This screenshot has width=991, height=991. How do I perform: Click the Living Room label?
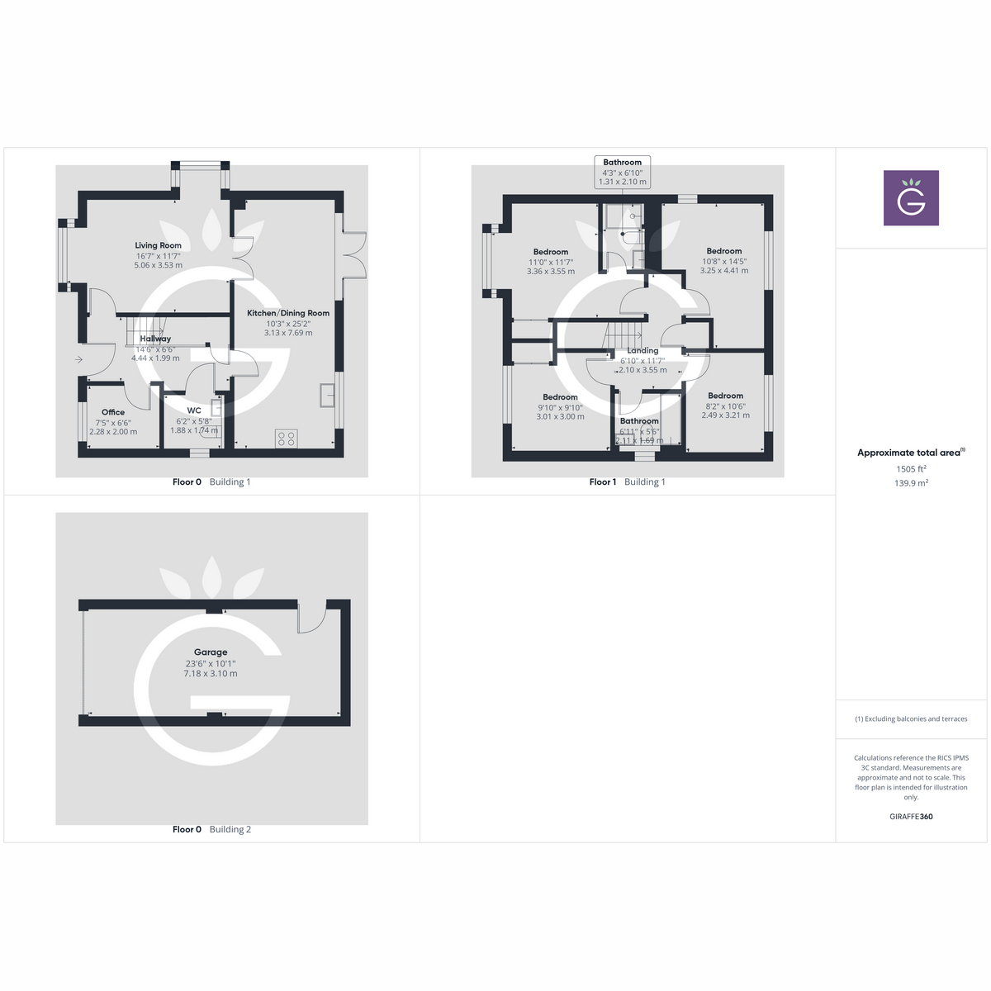[158, 245]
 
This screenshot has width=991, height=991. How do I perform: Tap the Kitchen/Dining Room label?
[288, 313]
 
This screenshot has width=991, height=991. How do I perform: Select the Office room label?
[113, 412]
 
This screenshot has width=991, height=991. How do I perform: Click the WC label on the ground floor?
[194, 410]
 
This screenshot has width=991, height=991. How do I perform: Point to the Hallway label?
[155, 339]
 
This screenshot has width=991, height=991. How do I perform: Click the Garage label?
[211, 652]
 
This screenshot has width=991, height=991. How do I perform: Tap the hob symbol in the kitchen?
[287, 438]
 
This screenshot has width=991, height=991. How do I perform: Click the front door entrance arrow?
[78, 359]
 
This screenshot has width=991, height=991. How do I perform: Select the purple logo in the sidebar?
[911, 198]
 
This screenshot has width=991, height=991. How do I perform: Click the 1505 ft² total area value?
[911, 469]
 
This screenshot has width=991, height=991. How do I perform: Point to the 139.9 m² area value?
[911, 483]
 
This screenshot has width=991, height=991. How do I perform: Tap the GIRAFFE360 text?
[911, 817]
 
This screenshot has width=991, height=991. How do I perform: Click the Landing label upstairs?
[642, 350]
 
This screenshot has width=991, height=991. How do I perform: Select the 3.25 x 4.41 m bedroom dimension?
[724, 271]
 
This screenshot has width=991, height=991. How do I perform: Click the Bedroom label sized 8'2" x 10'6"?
[725, 396]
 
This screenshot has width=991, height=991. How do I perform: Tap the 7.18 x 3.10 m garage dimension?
[211, 674]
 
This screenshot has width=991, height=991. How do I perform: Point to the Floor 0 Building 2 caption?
[211, 829]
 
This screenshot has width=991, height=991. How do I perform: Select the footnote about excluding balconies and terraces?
[911, 719]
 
